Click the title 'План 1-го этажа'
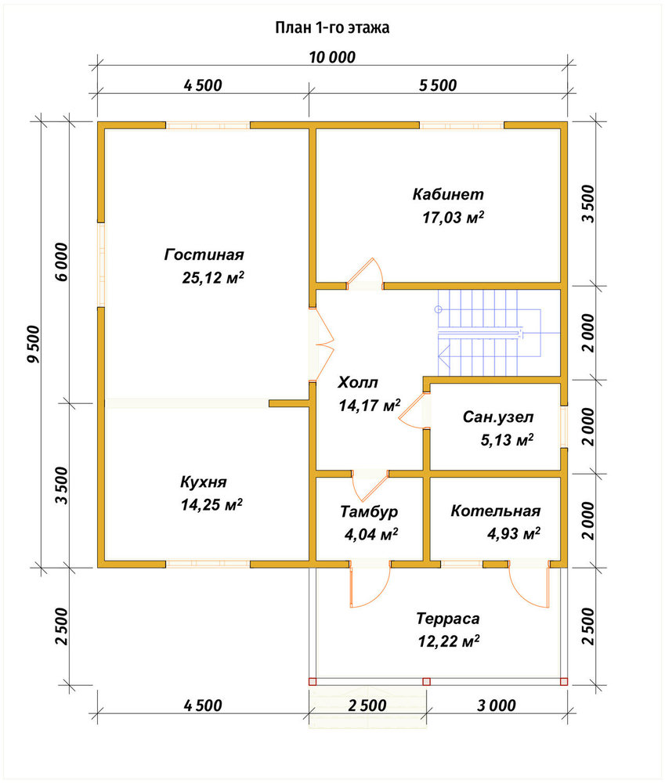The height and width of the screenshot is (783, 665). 332,27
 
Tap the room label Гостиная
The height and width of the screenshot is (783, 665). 204,254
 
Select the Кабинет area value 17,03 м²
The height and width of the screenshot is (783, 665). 454,217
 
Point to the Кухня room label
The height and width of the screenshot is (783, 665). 204,482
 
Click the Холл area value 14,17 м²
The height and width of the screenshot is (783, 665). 369,405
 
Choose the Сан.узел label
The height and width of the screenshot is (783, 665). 498,417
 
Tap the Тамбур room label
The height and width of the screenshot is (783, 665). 369,511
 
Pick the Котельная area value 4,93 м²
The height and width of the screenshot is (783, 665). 514,533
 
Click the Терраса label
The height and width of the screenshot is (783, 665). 448,619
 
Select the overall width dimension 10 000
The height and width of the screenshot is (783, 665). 332,57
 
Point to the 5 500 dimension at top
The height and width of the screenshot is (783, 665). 438,85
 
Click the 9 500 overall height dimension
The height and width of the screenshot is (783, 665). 33,344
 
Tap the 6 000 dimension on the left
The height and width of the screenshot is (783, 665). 61,262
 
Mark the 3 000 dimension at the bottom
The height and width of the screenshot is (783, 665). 496,705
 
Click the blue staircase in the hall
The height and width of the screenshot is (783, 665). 490,333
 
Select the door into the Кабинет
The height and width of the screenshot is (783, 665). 365,273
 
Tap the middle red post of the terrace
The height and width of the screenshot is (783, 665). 426,681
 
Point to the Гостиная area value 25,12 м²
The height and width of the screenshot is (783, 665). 213,278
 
